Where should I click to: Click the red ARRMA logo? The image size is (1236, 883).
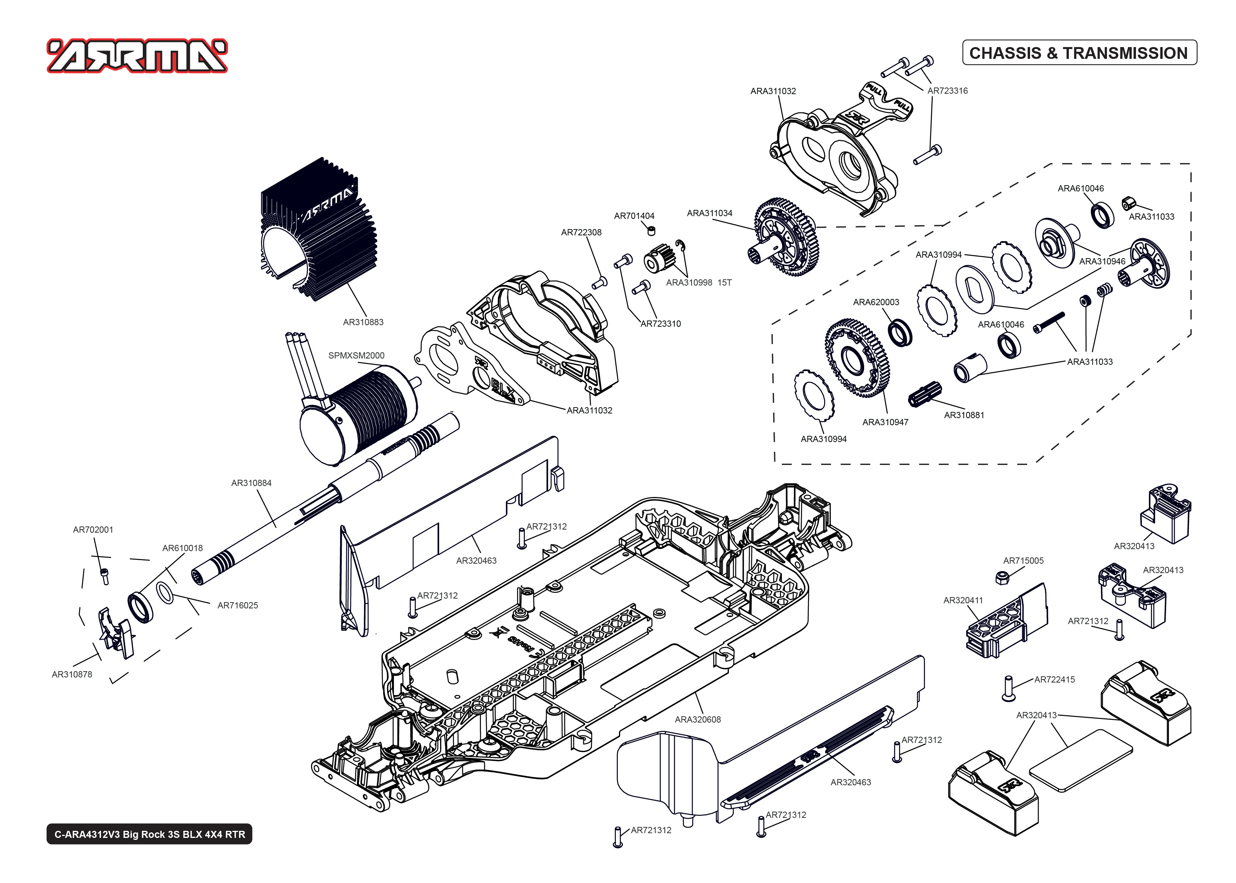tap(137, 56)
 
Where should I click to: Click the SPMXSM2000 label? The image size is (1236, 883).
tap(356, 355)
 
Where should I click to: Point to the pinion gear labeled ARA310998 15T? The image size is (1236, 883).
tap(659, 259)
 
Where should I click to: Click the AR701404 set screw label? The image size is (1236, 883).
tap(634, 216)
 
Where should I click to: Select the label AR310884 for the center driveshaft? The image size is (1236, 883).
tap(251, 483)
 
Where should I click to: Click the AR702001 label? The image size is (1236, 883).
tap(93, 530)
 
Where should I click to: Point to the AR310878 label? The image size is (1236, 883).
tap(72, 674)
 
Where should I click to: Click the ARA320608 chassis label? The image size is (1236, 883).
tap(697, 719)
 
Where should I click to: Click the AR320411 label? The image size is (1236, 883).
tap(963, 600)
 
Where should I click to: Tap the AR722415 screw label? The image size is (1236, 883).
tap(1054, 679)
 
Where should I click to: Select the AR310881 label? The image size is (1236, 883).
tap(964, 415)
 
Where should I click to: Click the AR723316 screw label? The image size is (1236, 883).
tap(947, 91)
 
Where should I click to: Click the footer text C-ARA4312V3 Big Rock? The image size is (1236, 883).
tap(149, 834)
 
